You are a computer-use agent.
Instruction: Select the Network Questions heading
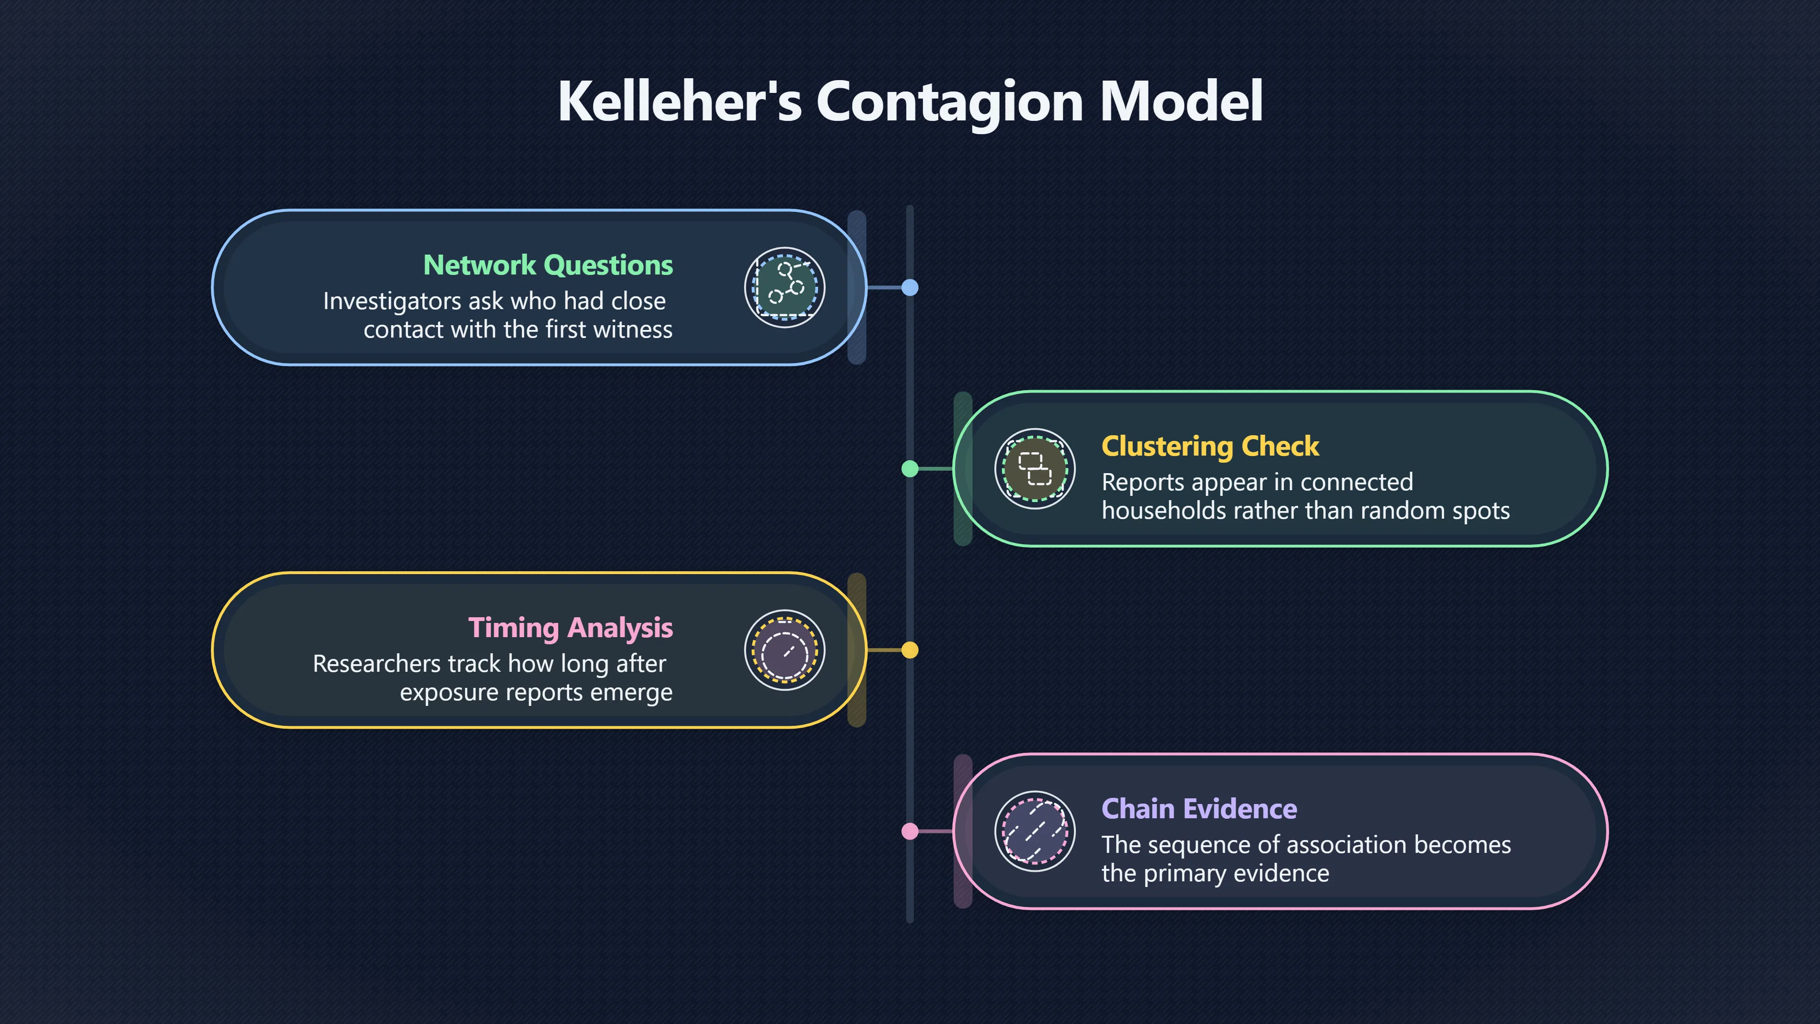(x=548, y=265)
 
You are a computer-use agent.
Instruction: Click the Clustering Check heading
(x=1210, y=447)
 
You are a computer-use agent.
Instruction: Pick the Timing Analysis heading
(x=571, y=628)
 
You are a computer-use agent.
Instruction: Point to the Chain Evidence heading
(x=1199, y=808)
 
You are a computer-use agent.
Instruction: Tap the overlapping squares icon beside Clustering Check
(x=1035, y=468)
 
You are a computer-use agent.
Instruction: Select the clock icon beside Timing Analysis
(x=784, y=650)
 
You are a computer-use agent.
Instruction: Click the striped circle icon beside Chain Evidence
(x=1035, y=831)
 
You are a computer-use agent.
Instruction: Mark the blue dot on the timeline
(x=910, y=288)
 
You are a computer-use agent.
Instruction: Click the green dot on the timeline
(x=910, y=468)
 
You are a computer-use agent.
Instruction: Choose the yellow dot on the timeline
(x=910, y=650)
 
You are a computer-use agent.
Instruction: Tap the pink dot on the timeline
(x=910, y=831)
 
